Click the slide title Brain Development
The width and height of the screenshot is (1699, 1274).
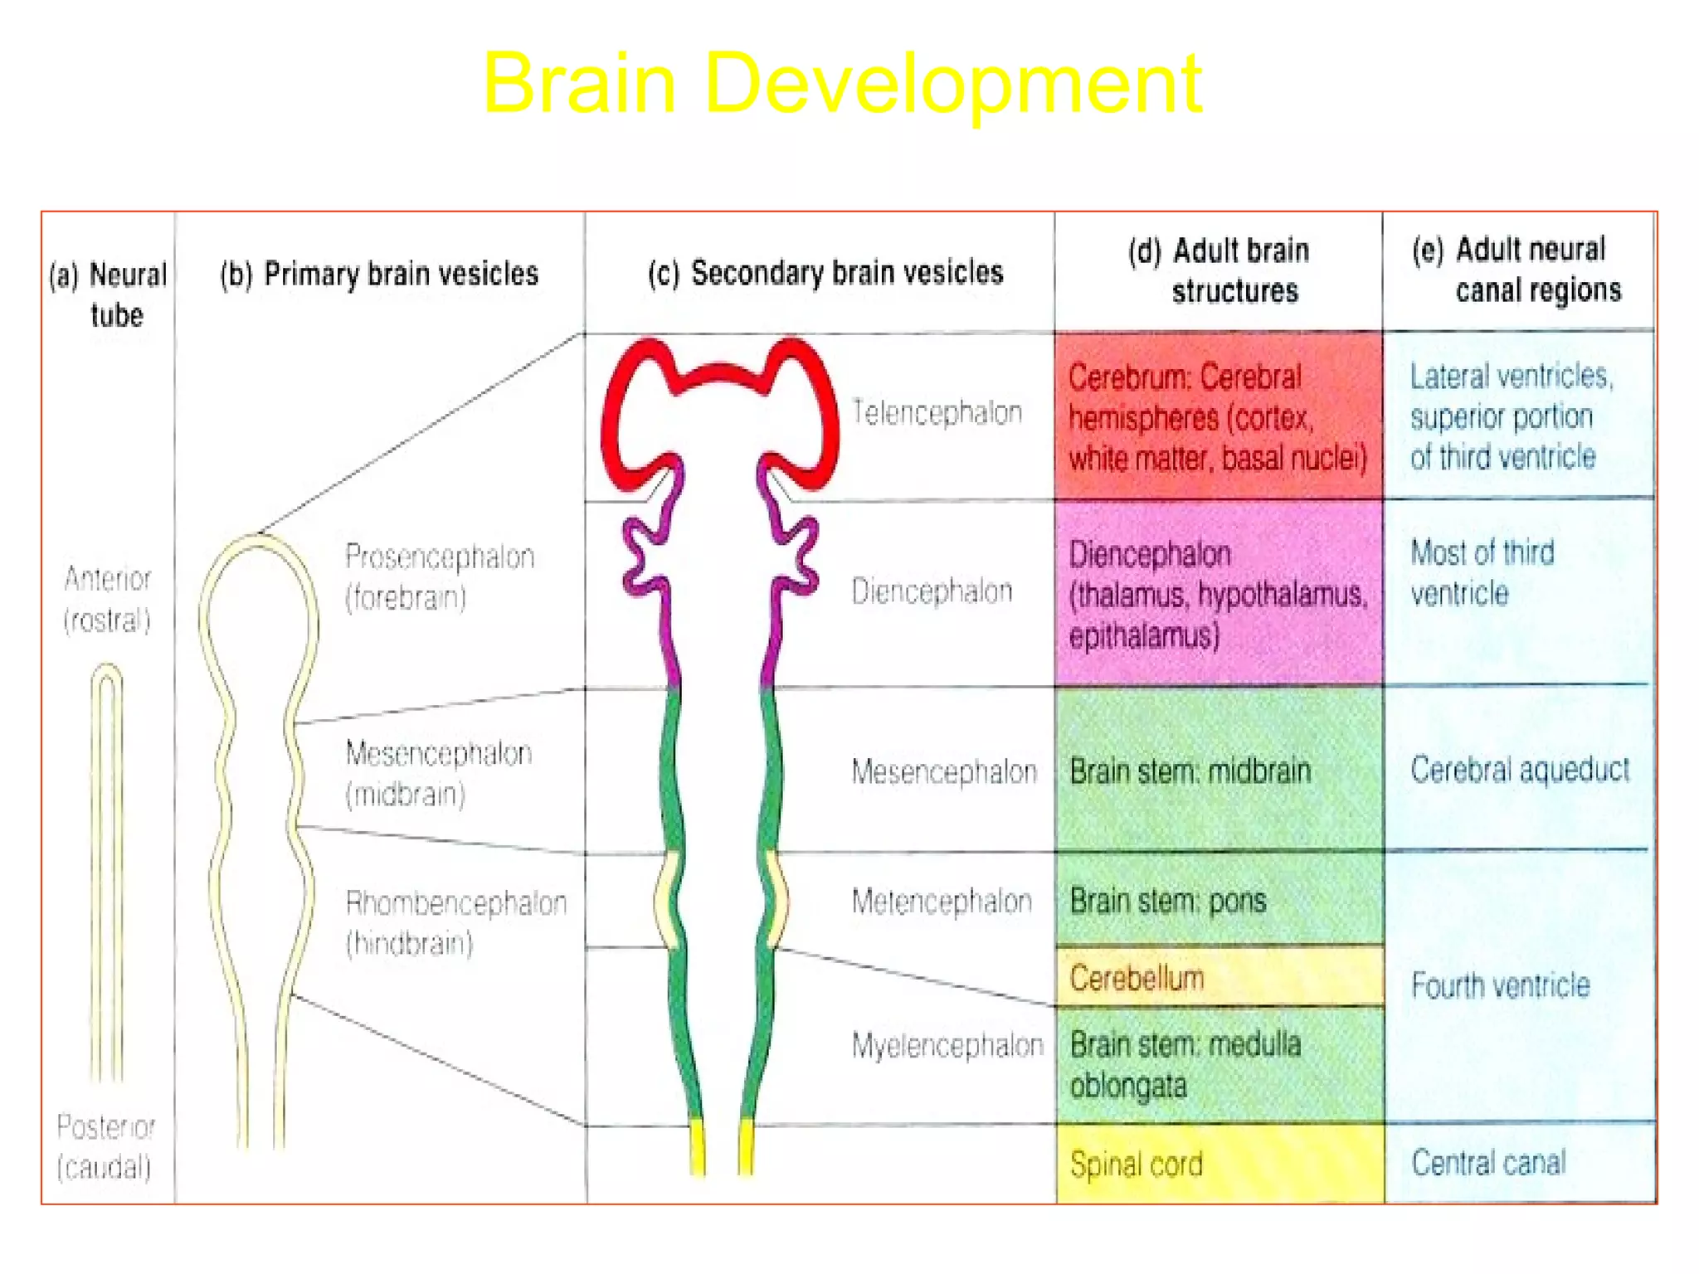pos(842,83)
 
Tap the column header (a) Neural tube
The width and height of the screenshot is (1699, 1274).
pos(110,294)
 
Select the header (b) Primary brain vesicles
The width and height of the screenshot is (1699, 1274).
pos(379,274)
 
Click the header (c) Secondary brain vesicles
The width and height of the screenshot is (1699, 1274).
pos(825,273)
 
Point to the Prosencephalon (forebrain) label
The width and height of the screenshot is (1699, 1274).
pos(440,576)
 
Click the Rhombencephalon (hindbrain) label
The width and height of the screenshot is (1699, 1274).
pos(455,922)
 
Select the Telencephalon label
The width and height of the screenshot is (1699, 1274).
pos(937,412)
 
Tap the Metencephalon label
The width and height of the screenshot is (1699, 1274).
pos(942,901)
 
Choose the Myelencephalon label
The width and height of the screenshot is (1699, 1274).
pos(947,1045)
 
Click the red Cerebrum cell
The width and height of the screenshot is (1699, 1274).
pos(1217,417)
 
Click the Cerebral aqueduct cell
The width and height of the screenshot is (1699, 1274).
pos(1519,770)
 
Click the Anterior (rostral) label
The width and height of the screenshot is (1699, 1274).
pos(108,599)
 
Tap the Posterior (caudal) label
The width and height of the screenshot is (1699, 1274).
pos(105,1147)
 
